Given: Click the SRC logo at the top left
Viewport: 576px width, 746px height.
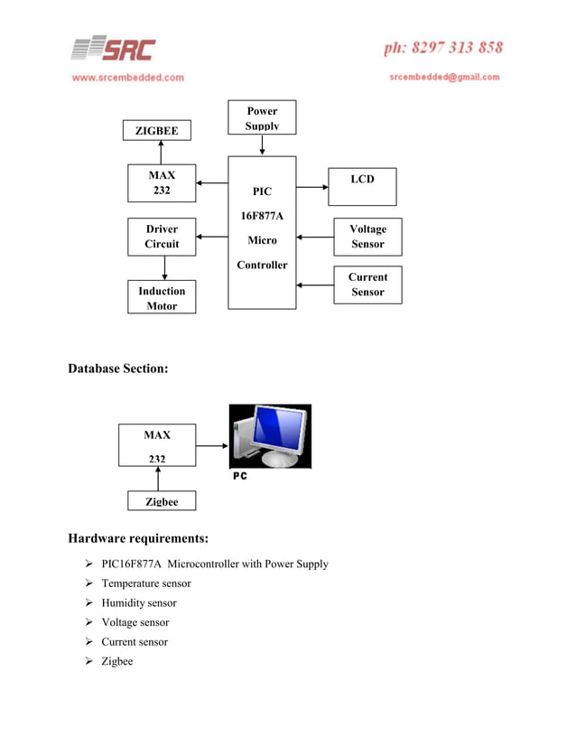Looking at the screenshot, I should tap(113, 49).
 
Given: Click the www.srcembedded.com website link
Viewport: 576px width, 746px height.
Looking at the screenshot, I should tap(127, 78).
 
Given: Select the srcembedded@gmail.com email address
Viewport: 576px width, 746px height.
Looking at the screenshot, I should tap(444, 78).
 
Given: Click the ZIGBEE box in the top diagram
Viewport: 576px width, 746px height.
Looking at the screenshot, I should tap(157, 131).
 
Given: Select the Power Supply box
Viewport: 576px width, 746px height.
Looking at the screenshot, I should tap(262, 117).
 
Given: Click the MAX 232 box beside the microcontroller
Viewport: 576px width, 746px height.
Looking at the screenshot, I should tap(162, 183).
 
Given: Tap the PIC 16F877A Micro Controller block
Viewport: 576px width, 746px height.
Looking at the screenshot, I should tap(262, 232).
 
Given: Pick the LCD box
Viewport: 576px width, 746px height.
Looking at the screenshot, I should tap(362, 184).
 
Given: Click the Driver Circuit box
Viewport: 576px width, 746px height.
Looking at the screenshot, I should tap(162, 237).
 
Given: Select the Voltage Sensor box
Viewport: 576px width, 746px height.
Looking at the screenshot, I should tap(367, 237).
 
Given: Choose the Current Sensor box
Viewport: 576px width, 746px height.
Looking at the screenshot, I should tap(367, 284).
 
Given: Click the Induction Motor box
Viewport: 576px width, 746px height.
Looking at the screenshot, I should tap(162, 298).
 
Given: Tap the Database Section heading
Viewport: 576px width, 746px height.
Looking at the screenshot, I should tap(118, 368).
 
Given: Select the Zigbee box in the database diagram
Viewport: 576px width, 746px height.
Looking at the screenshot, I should tap(157, 501).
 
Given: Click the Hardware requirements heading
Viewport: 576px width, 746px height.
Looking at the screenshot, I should tap(138, 539).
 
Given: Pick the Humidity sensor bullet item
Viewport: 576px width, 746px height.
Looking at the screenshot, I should tap(138, 602).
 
